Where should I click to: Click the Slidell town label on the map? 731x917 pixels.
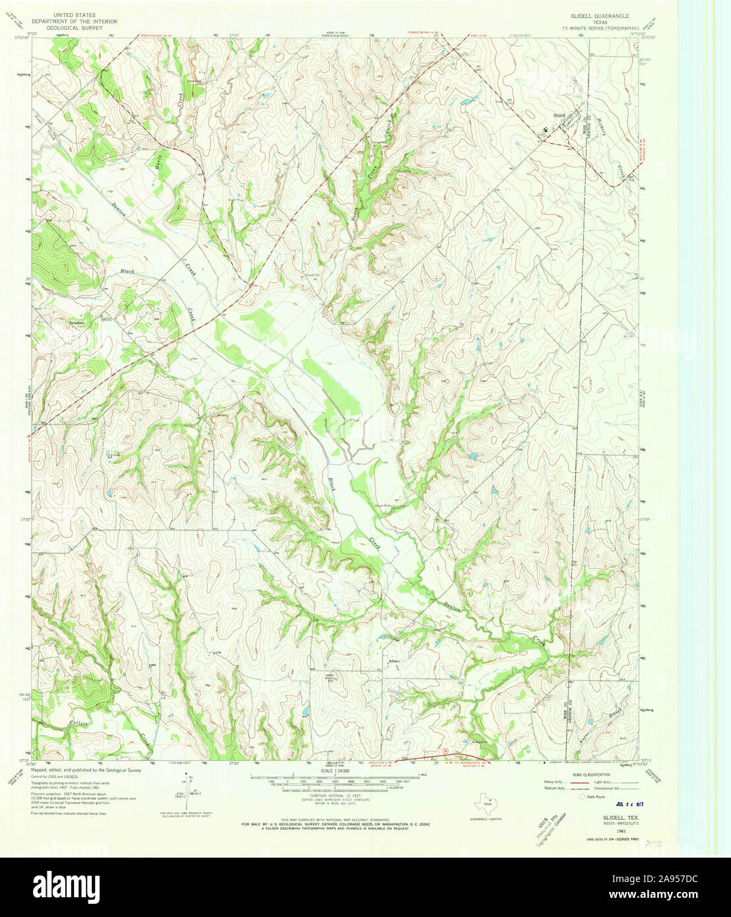coord(559,115)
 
